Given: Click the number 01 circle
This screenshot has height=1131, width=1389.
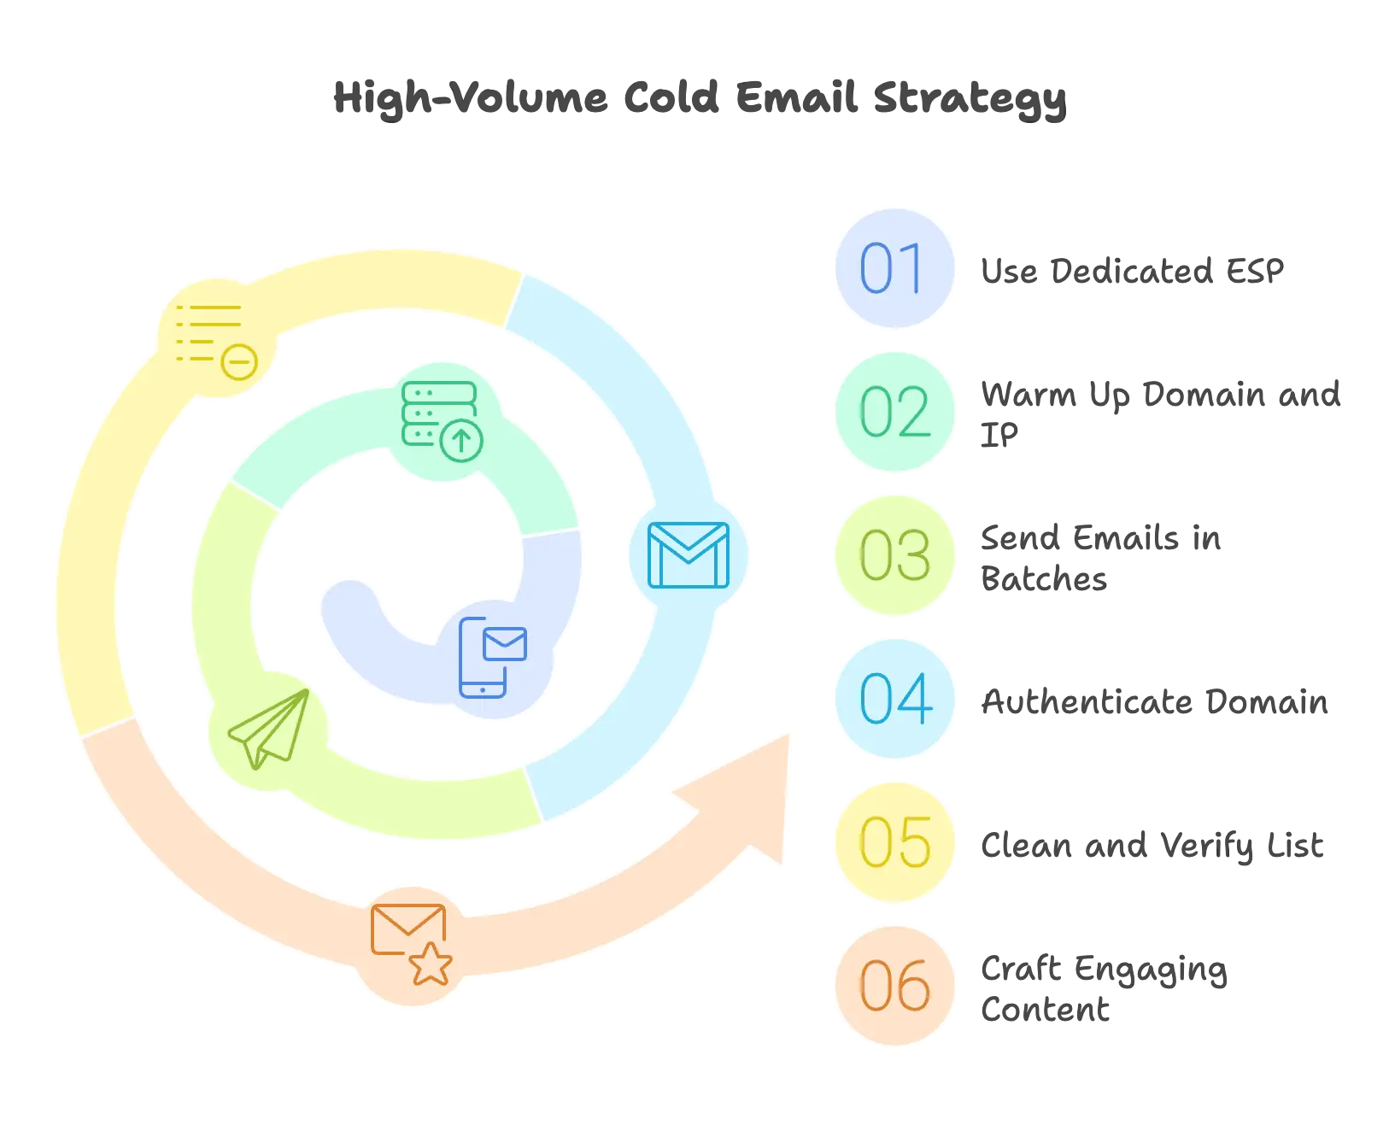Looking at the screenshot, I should [x=894, y=268].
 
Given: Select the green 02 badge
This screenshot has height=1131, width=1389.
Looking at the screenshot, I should [x=894, y=412].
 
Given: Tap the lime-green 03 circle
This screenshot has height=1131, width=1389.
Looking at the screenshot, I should [x=894, y=555].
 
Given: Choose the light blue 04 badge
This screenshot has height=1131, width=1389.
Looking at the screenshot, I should [x=894, y=699].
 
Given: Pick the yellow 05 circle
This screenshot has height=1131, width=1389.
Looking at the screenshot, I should [x=894, y=842].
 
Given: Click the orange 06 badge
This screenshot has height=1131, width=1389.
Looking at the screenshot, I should [x=894, y=986].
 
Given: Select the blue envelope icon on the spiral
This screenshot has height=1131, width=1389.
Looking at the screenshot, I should [x=689, y=555].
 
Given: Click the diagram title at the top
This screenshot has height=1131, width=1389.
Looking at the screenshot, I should [x=697, y=99].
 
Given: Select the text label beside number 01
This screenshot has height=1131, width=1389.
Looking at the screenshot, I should [x=1129, y=270].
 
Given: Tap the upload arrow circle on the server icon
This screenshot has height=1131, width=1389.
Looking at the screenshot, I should [x=461, y=441].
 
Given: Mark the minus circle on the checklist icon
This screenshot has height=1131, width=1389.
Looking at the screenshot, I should [x=239, y=362].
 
